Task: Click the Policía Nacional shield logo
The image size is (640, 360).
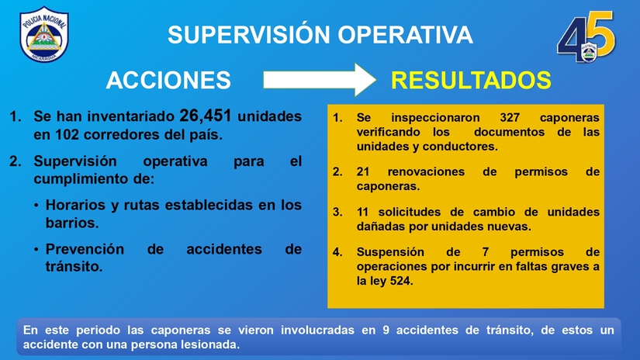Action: click(x=44, y=35)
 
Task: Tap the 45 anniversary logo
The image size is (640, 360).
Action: click(x=586, y=36)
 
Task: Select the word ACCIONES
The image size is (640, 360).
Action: click(x=168, y=80)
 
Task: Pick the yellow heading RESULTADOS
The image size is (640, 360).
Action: click(x=471, y=80)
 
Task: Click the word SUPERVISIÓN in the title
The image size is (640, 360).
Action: click(x=248, y=34)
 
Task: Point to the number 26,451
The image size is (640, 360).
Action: click(x=206, y=116)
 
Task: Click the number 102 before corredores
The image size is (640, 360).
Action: click(x=67, y=135)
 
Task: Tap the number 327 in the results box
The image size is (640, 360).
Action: click(x=510, y=118)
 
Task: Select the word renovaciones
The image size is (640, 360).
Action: click(x=426, y=171)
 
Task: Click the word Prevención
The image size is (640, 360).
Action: click(x=85, y=249)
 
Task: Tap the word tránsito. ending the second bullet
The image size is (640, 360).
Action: click(x=74, y=267)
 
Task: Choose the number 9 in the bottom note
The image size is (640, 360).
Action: click(x=386, y=331)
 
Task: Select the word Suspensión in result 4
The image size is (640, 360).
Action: click(x=390, y=252)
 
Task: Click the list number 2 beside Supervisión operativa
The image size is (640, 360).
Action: click(x=15, y=161)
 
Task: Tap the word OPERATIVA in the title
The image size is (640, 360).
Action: click(x=405, y=34)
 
